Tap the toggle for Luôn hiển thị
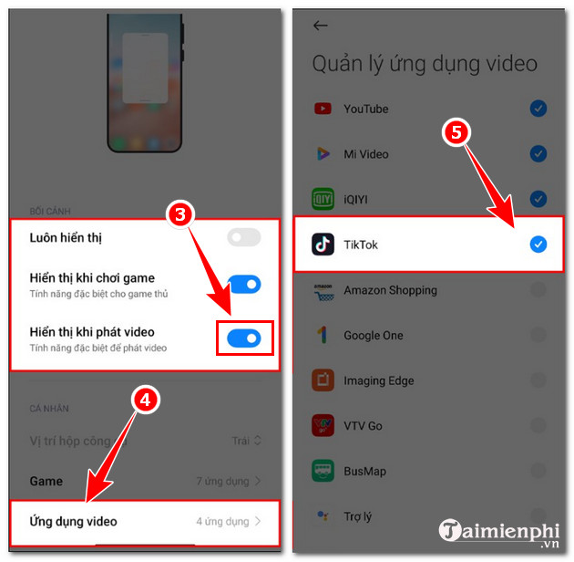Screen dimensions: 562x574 pyautogui.click(x=243, y=237)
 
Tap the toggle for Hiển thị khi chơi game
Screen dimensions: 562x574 pyautogui.click(x=243, y=285)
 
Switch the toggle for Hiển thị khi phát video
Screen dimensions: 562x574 pyautogui.click(x=243, y=338)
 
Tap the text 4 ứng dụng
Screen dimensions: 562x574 pyautogui.click(x=222, y=521)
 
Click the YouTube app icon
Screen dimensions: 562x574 pyautogui.click(x=323, y=109)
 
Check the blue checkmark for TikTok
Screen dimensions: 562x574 pyautogui.click(x=538, y=244)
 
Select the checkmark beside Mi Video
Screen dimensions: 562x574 pyautogui.click(x=538, y=153)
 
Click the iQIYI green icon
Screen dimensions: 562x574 pyautogui.click(x=323, y=199)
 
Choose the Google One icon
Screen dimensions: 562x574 pyautogui.click(x=323, y=335)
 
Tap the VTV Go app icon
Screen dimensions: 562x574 pyautogui.click(x=323, y=425)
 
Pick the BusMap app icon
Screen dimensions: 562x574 pyautogui.click(x=323, y=471)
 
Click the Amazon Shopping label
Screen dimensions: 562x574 pyautogui.click(x=390, y=290)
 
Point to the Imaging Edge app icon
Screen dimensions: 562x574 pyautogui.click(x=323, y=380)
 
